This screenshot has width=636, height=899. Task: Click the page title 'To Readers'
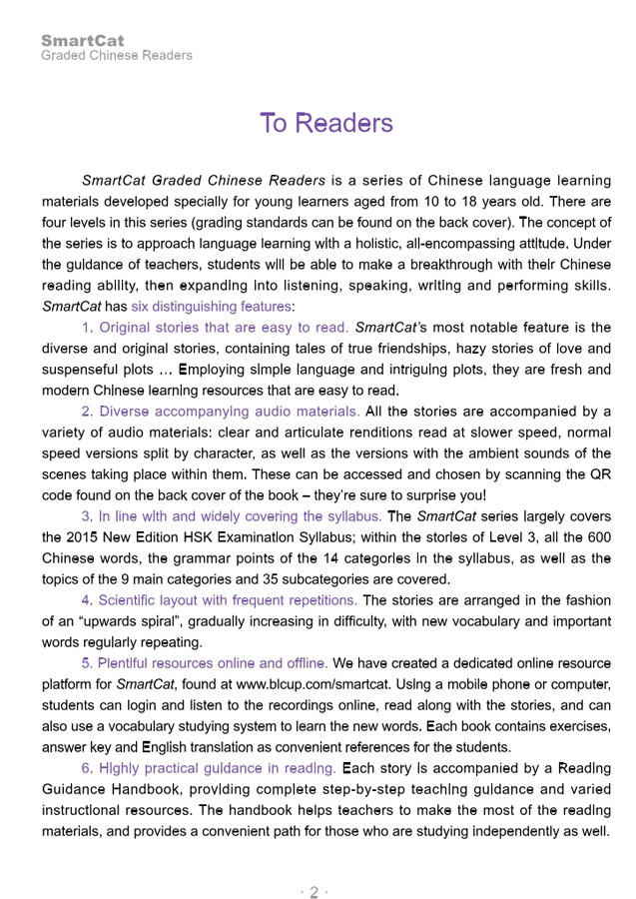325,123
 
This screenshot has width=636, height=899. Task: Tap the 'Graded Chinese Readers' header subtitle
117,56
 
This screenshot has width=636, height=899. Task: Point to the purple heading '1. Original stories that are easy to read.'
215,328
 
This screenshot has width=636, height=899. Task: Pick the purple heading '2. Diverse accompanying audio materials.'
221,411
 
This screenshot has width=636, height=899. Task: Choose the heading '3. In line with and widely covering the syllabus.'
232,516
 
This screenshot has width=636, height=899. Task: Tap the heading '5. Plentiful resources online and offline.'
219,663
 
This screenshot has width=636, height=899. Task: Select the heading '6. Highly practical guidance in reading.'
208,768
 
